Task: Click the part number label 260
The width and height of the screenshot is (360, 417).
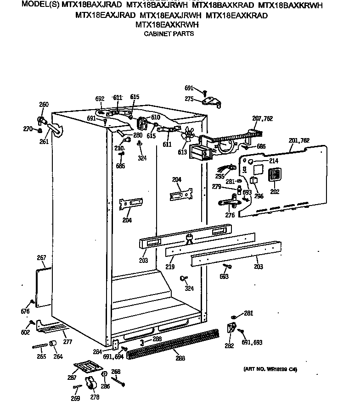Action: [44, 105]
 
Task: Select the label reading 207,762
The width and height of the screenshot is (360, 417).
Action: [262, 119]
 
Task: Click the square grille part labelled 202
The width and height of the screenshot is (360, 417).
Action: [275, 175]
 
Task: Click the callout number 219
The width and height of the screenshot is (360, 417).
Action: [170, 266]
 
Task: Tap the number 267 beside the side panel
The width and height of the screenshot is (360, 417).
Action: [41, 258]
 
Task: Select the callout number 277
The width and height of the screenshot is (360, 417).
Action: [67, 342]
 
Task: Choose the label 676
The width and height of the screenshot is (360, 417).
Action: [25, 312]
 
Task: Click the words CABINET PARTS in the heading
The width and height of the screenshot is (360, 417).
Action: [169, 33]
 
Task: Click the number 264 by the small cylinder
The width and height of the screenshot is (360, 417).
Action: [58, 356]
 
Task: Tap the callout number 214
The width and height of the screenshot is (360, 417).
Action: [274, 161]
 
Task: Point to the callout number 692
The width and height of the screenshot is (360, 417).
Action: [100, 98]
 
